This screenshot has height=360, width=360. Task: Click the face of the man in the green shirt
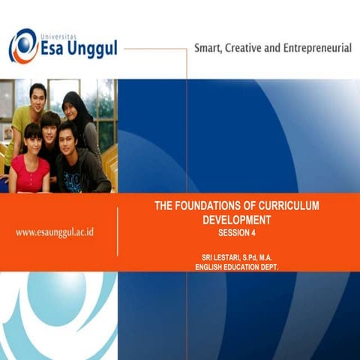(37, 97)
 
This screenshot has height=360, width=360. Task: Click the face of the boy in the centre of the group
(51, 128)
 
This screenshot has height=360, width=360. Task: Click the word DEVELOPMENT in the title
(235, 220)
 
